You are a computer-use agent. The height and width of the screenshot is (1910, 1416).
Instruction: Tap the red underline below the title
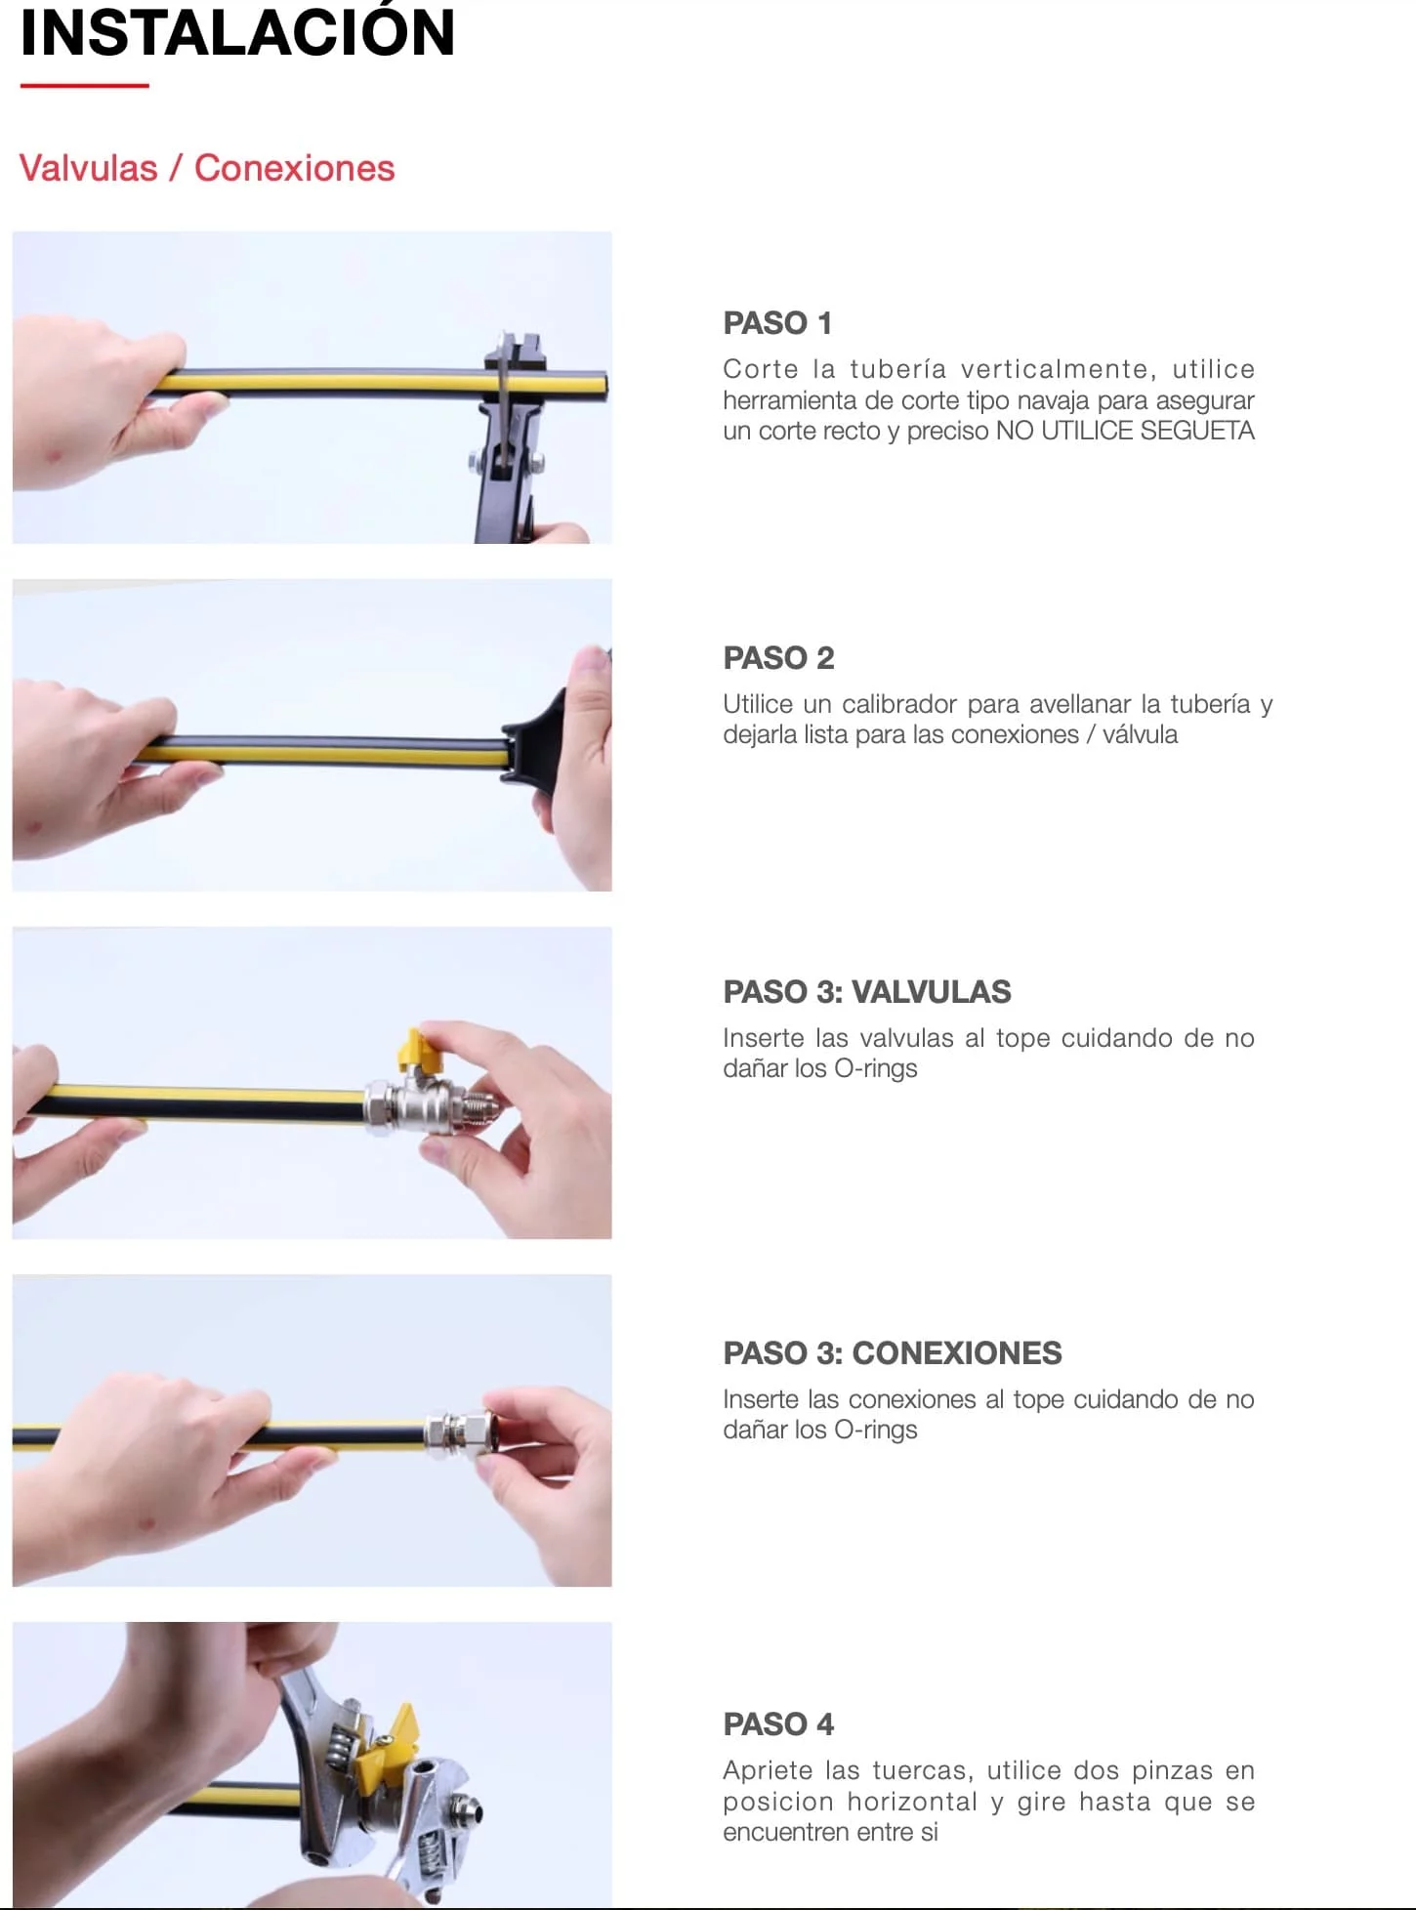coord(84,86)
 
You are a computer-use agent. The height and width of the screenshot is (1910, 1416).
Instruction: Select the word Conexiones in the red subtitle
coord(294,168)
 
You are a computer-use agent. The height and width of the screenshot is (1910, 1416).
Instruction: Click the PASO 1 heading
coord(777,323)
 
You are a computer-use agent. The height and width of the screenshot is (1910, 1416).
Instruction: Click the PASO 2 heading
coord(778,658)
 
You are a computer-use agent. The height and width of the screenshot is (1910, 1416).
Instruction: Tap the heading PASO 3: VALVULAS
coord(867,992)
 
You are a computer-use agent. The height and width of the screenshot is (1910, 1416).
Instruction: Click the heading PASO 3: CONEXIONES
coord(893,1353)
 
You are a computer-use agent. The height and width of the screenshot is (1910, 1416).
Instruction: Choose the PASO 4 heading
coord(778,1724)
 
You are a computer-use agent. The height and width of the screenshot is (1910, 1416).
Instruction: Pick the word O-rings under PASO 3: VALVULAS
coord(876,1069)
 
